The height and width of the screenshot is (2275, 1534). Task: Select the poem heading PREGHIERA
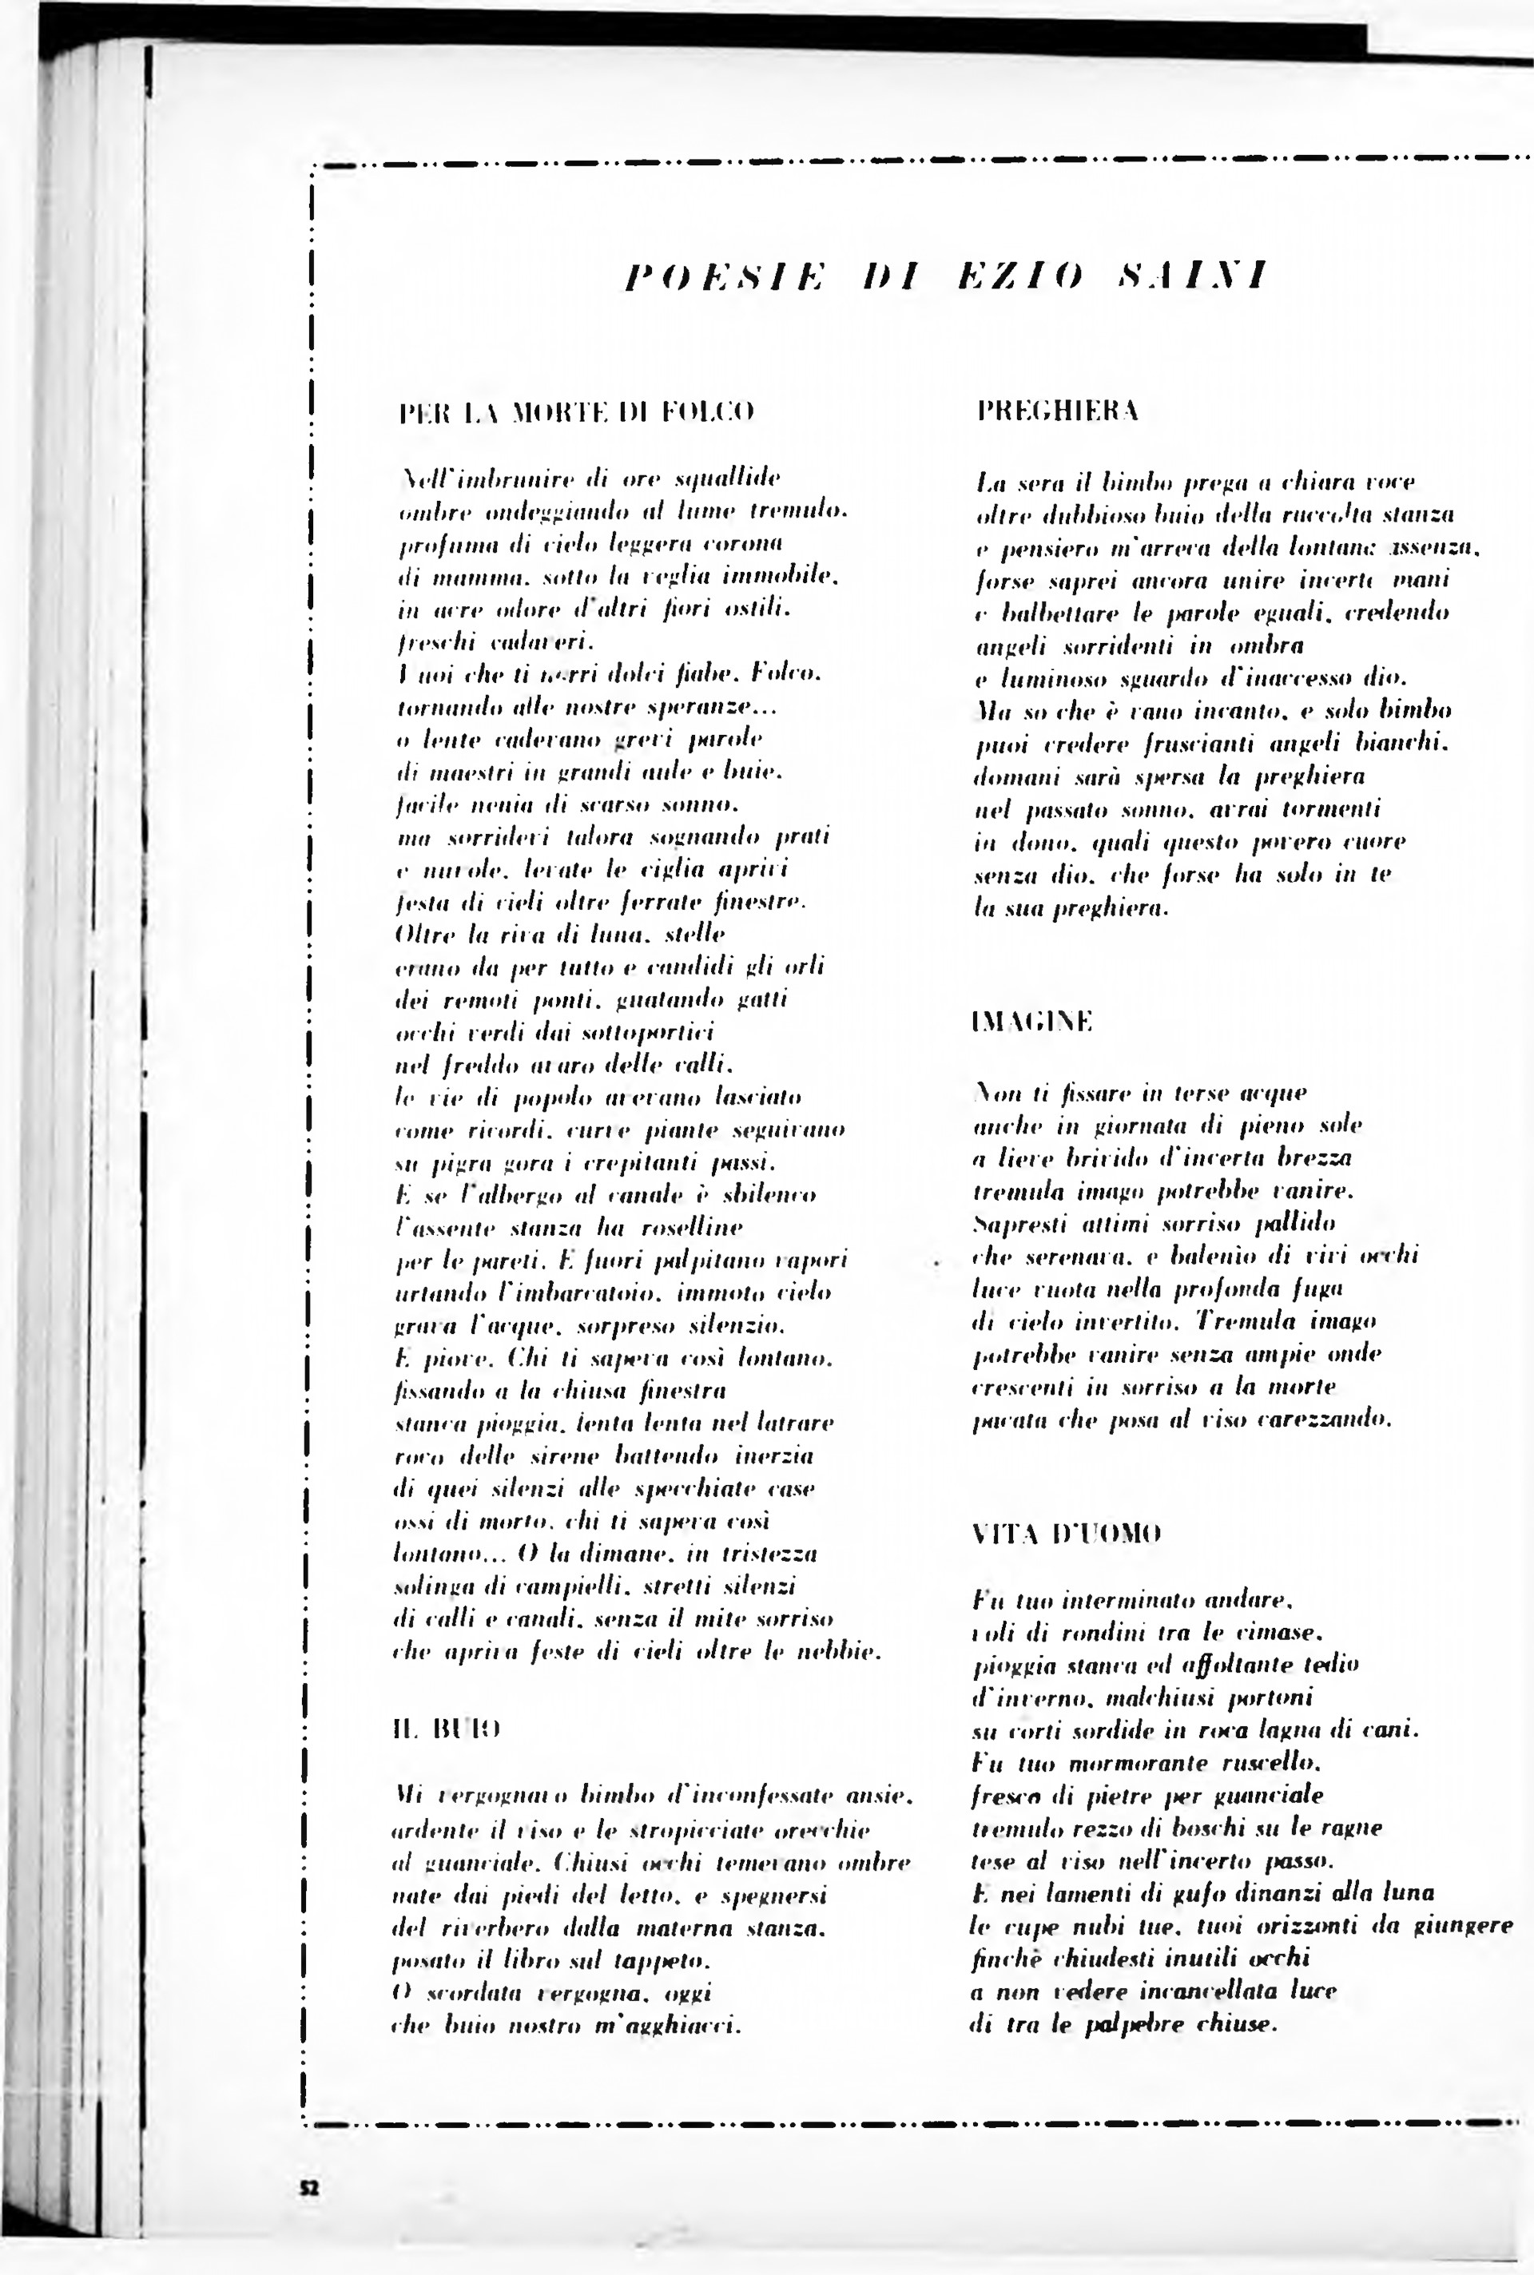tap(1059, 411)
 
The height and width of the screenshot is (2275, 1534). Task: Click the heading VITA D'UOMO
tap(1067, 1533)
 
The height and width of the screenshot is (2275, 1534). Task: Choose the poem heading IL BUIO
tap(446, 1729)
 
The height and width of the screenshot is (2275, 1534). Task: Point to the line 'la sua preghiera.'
tap(1072, 908)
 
